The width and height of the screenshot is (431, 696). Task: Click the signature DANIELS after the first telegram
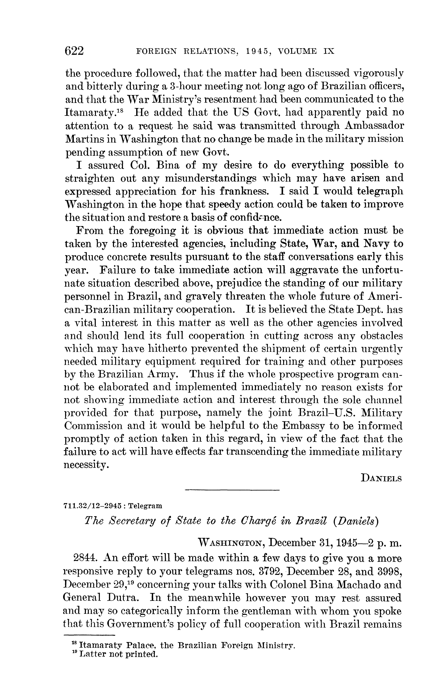click(x=381, y=478)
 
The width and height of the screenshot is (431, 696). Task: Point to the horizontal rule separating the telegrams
click(x=232, y=490)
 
